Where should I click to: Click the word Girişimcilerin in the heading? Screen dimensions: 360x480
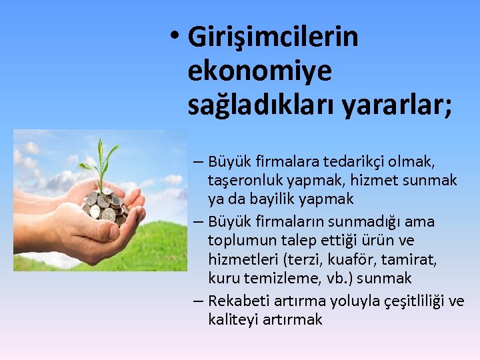point(273,37)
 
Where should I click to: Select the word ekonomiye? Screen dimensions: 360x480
point(259,72)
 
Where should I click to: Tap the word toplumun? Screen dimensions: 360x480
point(238,240)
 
